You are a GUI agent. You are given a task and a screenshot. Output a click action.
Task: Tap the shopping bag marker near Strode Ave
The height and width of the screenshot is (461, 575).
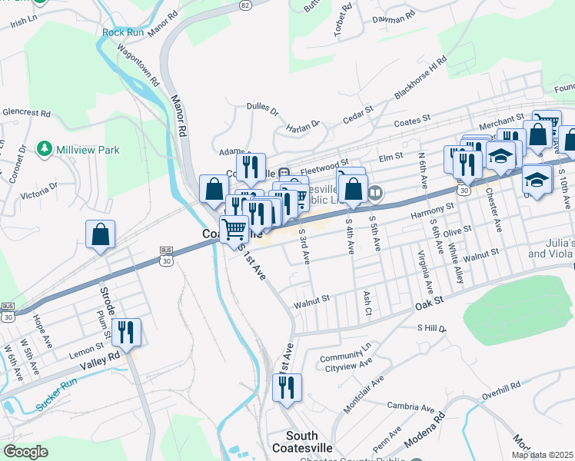[x=101, y=234]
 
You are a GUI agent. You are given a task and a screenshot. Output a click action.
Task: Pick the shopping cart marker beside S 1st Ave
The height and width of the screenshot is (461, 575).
[x=234, y=228]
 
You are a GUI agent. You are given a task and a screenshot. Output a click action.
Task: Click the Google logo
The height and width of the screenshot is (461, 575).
[x=25, y=452]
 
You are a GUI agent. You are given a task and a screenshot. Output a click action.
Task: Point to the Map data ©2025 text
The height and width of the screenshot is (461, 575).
[x=543, y=455]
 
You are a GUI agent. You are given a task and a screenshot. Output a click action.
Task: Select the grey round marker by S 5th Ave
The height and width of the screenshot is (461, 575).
[x=374, y=193]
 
